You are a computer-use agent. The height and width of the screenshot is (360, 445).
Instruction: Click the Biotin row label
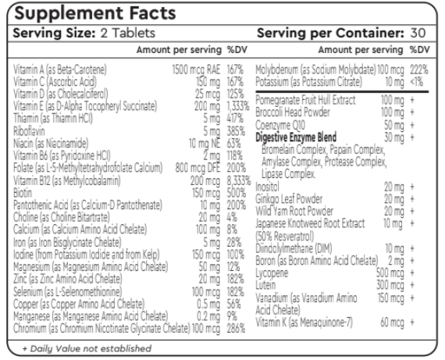[x=23, y=190]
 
